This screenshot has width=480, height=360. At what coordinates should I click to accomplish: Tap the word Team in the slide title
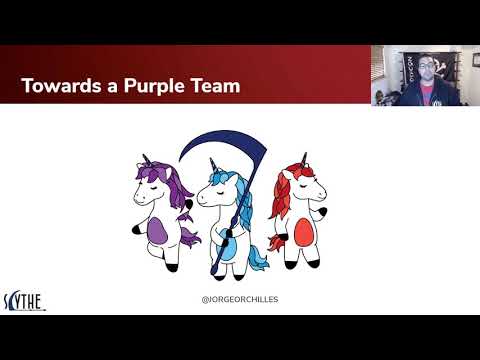pyautogui.click(x=213, y=86)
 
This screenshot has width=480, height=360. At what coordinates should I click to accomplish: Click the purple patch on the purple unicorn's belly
pyautogui.click(x=158, y=231)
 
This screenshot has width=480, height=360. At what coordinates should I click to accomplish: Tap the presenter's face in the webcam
pyautogui.click(x=422, y=69)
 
